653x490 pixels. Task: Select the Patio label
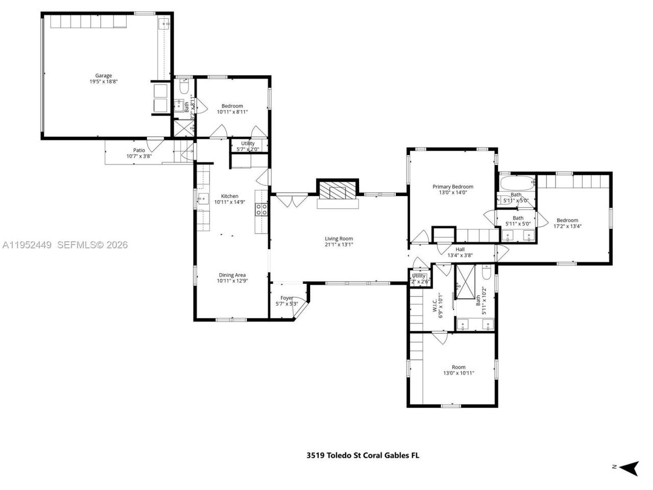(x=139, y=150)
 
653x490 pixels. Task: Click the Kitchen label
(x=230, y=196)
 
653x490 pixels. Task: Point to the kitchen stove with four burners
(x=262, y=209)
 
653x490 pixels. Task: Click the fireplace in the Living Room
(x=337, y=192)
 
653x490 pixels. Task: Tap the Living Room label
(x=339, y=238)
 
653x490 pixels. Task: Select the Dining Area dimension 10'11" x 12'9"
(x=232, y=281)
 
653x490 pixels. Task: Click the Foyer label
(x=286, y=298)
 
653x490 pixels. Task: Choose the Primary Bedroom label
(x=453, y=187)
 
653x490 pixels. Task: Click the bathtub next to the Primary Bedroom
(x=516, y=183)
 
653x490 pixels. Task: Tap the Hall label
(x=460, y=250)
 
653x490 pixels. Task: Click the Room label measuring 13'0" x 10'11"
(x=458, y=367)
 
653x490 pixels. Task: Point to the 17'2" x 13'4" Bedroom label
(x=567, y=220)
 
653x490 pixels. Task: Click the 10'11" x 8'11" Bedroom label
(x=232, y=106)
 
